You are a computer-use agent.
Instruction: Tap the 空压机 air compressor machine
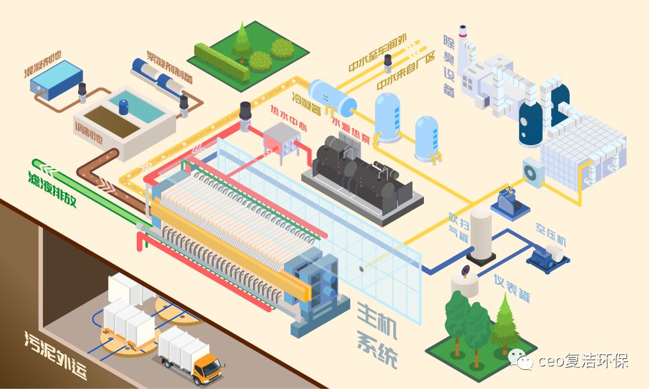(x=547, y=257)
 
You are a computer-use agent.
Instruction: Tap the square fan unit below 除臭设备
(x=533, y=171)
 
